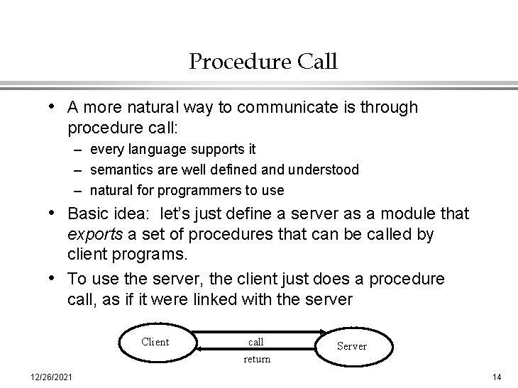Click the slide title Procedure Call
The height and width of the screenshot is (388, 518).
pyautogui.click(x=263, y=62)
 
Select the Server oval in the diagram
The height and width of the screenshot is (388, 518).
pyautogui.click(x=351, y=346)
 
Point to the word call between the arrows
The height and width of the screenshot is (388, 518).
pyautogui.click(x=256, y=342)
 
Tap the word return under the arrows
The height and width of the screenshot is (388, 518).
pyautogui.click(x=257, y=359)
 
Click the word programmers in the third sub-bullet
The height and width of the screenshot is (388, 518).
pyautogui.click(x=195, y=190)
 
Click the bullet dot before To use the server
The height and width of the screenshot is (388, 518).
pyautogui.click(x=55, y=279)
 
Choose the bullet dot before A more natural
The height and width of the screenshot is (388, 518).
pyautogui.click(x=55, y=108)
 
